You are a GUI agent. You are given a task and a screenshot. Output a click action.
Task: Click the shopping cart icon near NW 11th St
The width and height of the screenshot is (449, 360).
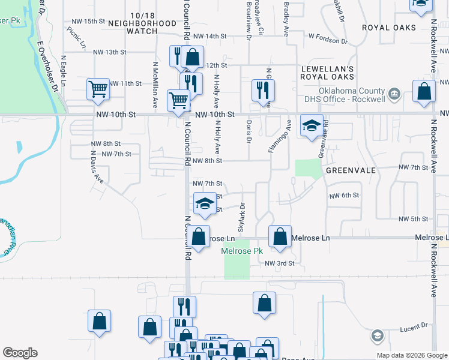(x=98, y=89)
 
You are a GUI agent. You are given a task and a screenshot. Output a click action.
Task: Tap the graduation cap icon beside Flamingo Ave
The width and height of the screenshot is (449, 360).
(x=312, y=125)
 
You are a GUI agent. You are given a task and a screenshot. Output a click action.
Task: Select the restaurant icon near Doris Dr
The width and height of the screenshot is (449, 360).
(x=262, y=90)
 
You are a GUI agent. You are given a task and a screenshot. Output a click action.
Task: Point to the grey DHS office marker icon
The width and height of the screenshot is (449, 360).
(x=394, y=93)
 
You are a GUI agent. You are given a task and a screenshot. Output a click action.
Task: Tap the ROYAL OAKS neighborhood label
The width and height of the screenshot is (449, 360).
(x=388, y=28)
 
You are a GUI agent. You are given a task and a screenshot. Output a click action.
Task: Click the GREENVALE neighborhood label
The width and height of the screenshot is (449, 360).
(x=351, y=170)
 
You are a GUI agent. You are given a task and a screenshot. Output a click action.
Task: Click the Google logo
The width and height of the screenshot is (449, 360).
(x=20, y=353)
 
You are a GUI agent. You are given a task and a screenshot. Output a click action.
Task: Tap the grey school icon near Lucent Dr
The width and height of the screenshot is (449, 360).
(x=377, y=335)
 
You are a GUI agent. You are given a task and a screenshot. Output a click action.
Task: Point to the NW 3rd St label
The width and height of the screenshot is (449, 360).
(x=280, y=263)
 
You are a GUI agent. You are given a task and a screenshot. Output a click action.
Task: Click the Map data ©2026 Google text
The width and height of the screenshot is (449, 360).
(x=411, y=355)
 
